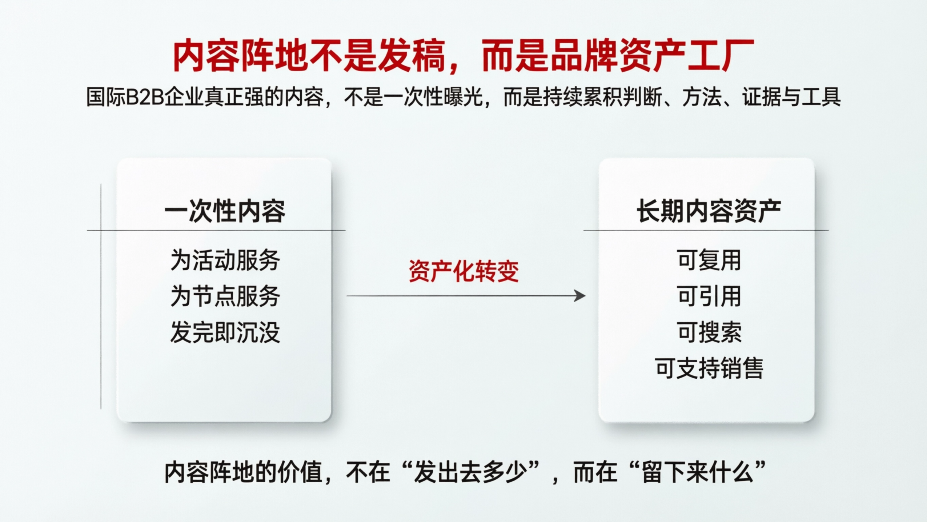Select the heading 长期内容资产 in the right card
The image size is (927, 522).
[709, 211]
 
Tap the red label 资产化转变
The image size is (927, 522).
[463, 271]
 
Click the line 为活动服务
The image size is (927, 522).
[225, 260]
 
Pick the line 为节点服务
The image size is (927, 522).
[225, 296]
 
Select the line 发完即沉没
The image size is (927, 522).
[225, 332]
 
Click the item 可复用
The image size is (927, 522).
[709, 260]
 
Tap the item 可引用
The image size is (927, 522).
[709, 296]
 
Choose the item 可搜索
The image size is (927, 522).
[709, 332]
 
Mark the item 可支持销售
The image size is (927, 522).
[709, 368]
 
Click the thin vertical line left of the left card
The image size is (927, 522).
[101, 296]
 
